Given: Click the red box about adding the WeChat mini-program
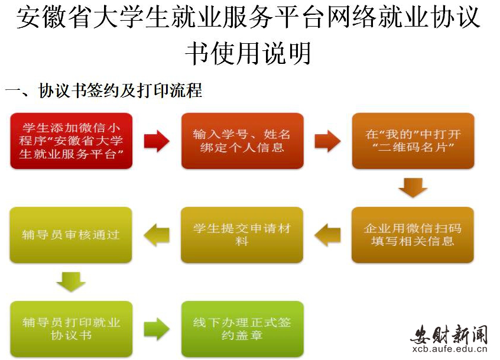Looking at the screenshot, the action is (72, 141).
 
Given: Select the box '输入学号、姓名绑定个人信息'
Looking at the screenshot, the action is (242, 141).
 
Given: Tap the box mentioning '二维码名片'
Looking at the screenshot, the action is (413, 141).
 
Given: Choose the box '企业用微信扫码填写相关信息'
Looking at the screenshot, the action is (413, 235).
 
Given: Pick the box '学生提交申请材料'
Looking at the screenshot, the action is (242, 235).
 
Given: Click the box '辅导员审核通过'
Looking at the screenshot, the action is (71, 235).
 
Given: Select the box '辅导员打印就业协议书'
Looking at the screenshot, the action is (72, 329).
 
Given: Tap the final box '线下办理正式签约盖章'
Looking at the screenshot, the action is (242, 329).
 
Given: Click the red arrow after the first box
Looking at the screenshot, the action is (157, 141).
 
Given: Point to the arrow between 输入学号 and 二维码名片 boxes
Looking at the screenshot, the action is (327, 141).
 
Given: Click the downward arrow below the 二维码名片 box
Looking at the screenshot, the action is (413, 188).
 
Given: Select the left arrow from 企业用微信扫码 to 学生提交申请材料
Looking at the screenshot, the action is (327, 235).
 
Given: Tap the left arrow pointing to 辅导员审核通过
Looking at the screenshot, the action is (157, 235).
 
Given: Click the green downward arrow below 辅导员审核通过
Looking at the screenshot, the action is (71, 282).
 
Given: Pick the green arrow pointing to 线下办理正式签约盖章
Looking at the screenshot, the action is (157, 329).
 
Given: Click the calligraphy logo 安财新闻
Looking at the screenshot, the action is (449, 335).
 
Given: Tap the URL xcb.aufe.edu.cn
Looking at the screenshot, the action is (450, 349).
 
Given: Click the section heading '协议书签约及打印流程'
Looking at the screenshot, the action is (120, 90).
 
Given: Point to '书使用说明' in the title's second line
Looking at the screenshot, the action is (248, 53).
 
